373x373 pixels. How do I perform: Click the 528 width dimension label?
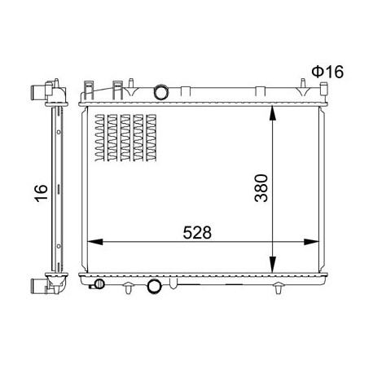click(x=197, y=233)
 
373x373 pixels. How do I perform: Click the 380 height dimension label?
click(x=261, y=188)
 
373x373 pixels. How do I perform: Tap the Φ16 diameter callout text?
click(x=327, y=72)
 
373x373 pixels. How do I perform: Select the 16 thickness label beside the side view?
click(x=41, y=193)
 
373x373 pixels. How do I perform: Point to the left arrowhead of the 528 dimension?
click(x=95, y=242)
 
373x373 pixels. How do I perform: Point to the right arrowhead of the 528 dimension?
click(x=311, y=242)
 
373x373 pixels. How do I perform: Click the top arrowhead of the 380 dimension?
click(x=273, y=114)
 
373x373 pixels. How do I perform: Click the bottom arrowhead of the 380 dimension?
click(x=273, y=265)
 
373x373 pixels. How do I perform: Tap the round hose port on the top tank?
click(x=161, y=92)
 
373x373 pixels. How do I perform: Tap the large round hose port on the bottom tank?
click(x=154, y=286)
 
